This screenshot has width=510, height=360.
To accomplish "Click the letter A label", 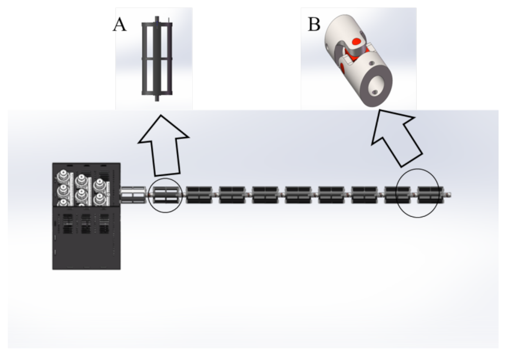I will [x=119, y=25].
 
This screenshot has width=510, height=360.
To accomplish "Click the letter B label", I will [x=314, y=25].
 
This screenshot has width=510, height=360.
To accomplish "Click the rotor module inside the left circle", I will [x=166, y=194].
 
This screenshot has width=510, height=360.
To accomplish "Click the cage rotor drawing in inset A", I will [x=157, y=59].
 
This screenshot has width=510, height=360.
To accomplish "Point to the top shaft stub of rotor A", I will [x=157, y=19].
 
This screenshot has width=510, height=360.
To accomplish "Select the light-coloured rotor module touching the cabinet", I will [x=132, y=194].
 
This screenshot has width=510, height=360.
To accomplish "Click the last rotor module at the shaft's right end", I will [x=430, y=194].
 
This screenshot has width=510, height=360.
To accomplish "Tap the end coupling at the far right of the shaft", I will [x=448, y=194].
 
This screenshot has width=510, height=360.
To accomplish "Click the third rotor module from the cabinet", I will [x=199, y=194].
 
